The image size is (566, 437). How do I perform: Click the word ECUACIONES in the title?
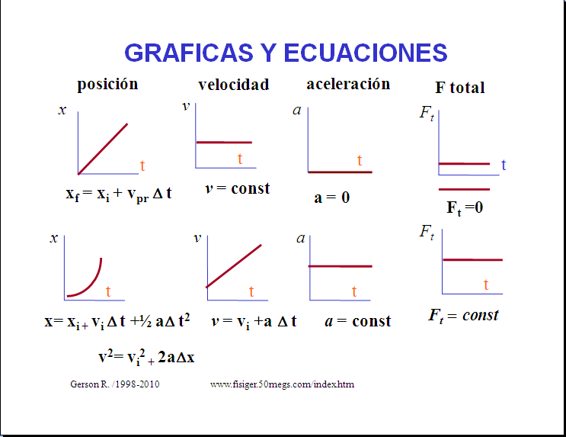click(x=366, y=53)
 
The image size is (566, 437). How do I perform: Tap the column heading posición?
click(x=107, y=85)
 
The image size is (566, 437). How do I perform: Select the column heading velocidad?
click(x=234, y=85)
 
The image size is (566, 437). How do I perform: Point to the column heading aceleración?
click(x=348, y=84)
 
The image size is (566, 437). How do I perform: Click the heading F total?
click(x=460, y=88)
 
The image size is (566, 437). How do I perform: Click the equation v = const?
click(x=237, y=188)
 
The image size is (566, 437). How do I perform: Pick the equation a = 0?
click(x=331, y=198)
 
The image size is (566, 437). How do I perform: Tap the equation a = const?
click(x=358, y=321)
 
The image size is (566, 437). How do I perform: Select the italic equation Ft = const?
click(x=463, y=316)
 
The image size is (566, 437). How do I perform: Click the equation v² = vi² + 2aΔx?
click(x=146, y=358)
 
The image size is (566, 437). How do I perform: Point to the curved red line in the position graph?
click(x=90, y=284)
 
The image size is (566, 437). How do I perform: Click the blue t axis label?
click(x=504, y=165)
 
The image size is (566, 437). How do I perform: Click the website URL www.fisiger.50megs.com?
click(x=282, y=384)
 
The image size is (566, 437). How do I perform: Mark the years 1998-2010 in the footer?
click(x=138, y=384)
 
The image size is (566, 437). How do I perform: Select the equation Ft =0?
click(x=465, y=208)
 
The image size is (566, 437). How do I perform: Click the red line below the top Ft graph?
click(x=464, y=189)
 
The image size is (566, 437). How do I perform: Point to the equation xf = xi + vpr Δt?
click(x=118, y=194)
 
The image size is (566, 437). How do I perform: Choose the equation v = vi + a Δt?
click(x=254, y=321)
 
